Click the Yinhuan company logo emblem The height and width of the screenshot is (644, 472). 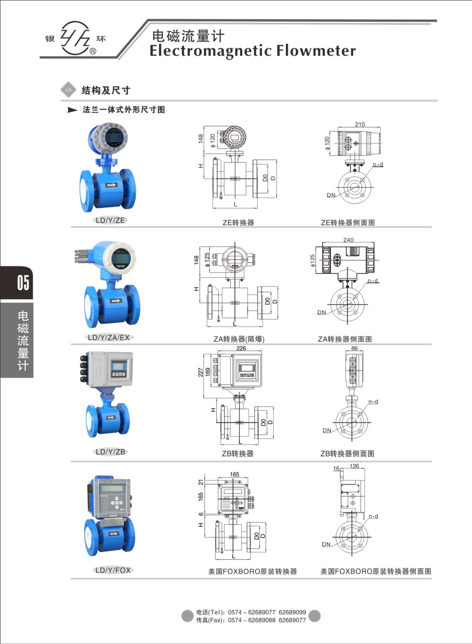(76, 38)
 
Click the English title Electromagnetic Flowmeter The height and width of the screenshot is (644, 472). (253, 51)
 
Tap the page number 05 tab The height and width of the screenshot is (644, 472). (23, 283)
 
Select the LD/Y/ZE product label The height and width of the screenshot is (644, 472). (110, 220)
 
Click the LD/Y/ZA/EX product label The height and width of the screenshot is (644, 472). (109, 337)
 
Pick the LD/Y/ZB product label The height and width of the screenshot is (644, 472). (110, 452)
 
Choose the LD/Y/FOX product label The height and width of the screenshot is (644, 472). (113, 570)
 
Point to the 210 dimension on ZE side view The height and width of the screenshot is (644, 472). (360, 124)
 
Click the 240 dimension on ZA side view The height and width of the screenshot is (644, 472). (348, 240)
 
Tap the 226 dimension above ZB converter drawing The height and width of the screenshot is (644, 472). (241, 348)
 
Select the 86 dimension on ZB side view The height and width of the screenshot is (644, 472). (354, 348)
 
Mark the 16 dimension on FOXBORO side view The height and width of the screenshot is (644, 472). (336, 468)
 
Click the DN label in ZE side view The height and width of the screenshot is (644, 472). (331, 195)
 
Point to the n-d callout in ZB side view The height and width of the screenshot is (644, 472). (373, 402)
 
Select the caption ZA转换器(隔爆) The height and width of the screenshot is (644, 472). (239, 339)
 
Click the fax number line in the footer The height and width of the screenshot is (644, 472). (251, 620)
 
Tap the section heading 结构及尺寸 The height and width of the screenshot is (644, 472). (106, 90)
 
